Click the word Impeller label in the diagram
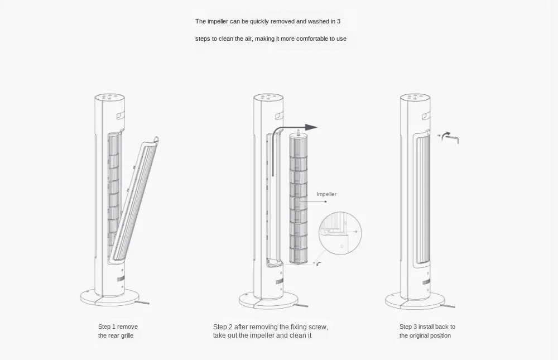tap(326, 194)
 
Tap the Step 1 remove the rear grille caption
tap(118, 331)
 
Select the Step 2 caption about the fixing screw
tap(270, 331)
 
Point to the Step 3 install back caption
tap(427, 331)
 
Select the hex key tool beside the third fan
tap(450, 137)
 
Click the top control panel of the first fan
tap(112, 97)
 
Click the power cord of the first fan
tap(143, 303)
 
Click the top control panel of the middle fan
tap(271, 98)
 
